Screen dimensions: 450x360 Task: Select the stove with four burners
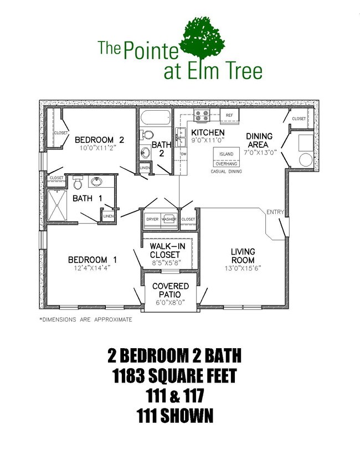201,116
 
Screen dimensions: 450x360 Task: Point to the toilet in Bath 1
78,183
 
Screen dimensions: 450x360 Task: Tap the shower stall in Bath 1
56,203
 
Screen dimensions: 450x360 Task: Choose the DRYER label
152,219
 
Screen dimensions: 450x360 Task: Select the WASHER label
169,219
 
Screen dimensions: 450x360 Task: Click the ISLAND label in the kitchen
226,154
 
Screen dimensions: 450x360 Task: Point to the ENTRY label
275,212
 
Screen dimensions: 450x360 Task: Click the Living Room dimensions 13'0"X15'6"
243,268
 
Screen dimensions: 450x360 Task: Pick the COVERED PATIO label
170,290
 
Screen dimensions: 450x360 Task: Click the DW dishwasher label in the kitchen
183,154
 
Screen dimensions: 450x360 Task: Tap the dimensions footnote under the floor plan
85,319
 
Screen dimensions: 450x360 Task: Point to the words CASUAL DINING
227,172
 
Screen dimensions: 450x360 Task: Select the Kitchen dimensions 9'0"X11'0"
208,141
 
